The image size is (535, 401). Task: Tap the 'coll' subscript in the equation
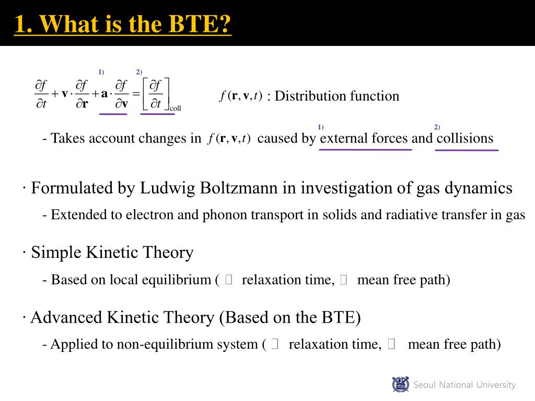coord(175,109)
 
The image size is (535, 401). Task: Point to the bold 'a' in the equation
coord(104,94)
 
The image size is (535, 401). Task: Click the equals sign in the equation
coord(136,95)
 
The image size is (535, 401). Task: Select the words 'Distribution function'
coord(337,96)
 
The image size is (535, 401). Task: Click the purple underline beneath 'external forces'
coord(365,150)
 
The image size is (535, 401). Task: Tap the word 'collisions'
coord(464,138)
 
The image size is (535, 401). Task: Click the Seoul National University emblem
coord(400,385)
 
